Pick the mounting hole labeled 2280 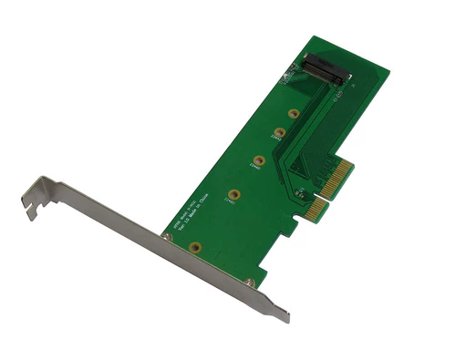[234, 194]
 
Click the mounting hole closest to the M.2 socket [294, 115]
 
